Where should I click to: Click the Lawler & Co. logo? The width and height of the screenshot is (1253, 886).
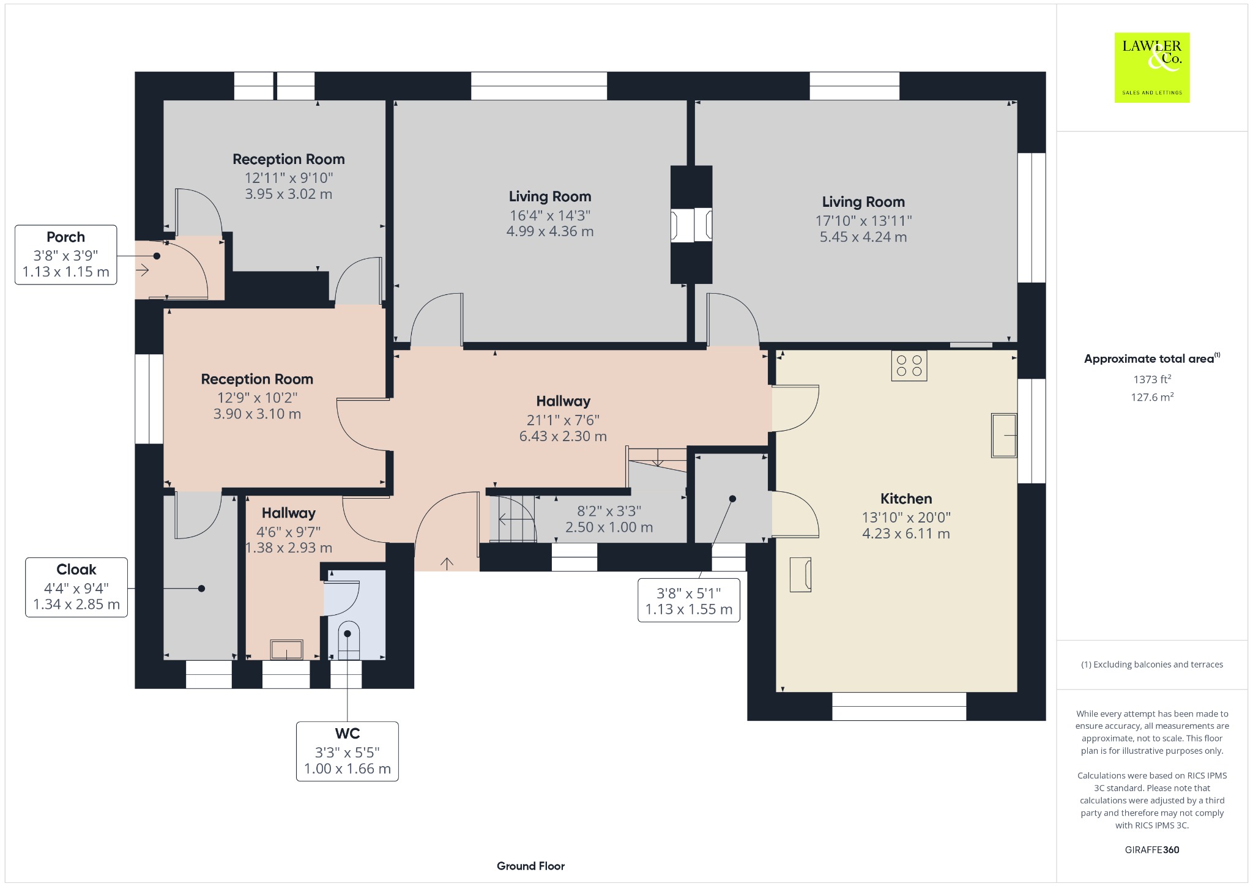pyautogui.click(x=1152, y=67)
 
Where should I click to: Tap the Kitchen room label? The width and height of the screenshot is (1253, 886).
pyautogui.click(x=906, y=499)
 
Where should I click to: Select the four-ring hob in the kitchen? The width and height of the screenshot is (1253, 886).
pyautogui.click(x=909, y=366)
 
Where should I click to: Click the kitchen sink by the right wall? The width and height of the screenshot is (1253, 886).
pyautogui.click(x=1004, y=436)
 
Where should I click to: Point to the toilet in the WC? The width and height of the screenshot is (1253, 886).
pyautogui.click(x=348, y=640)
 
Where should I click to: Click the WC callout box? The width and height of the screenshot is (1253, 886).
pyautogui.click(x=348, y=751)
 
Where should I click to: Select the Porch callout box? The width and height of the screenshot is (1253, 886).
pyautogui.click(x=66, y=255)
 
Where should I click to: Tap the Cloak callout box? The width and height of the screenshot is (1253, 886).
pyautogui.click(x=76, y=587)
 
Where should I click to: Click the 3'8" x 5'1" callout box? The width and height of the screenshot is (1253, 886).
pyautogui.click(x=689, y=600)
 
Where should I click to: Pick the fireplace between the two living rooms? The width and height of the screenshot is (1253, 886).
pyautogui.click(x=691, y=225)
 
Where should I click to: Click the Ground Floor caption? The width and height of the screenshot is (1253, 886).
pyautogui.click(x=530, y=866)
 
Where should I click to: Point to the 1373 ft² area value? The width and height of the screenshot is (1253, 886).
pyautogui.click(x=1152, y=379)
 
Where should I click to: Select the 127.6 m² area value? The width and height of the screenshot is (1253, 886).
pyautogui.click(x=1152, y=397)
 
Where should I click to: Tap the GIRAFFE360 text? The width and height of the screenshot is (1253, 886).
pyautogui.click(x=1152, y=849)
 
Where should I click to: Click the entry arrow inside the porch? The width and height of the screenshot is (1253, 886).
pyautogui.click(x=143, y=270)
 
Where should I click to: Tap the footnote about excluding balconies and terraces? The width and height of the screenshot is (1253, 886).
pyautogui.click(x=1152, y=664)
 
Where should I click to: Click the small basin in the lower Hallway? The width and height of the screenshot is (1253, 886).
pyautogui.click(x=287, y=649)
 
